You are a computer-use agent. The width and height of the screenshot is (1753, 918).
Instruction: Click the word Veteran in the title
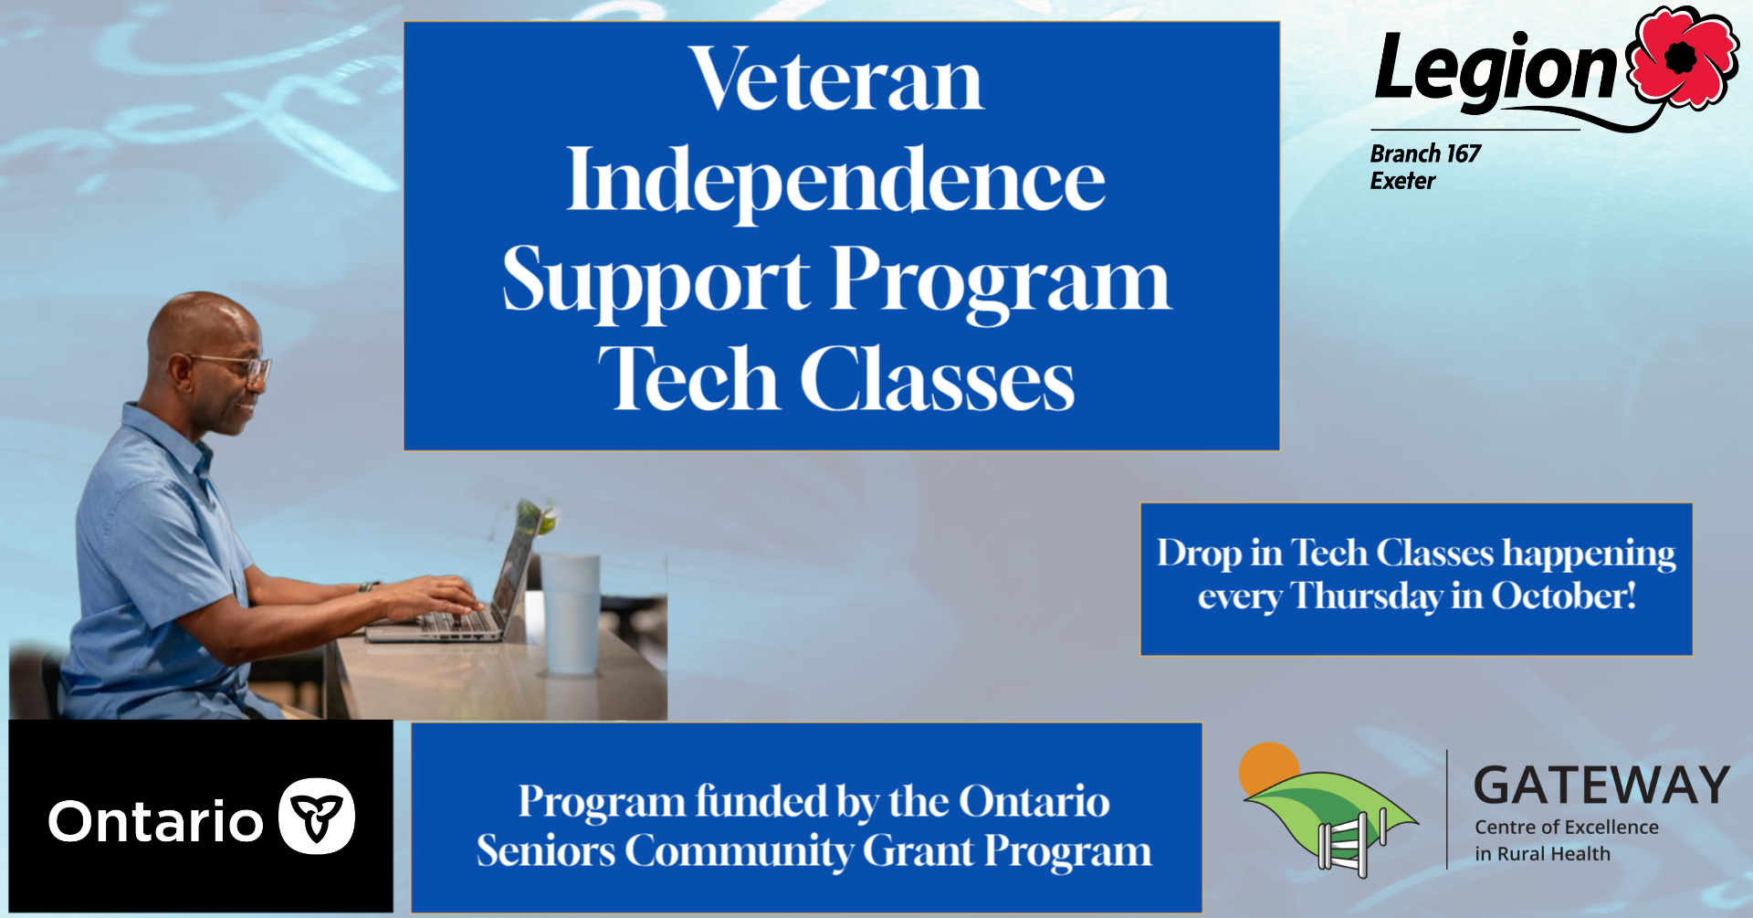click(836, 79)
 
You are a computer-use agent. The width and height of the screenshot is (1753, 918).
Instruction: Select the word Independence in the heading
click(836, 180)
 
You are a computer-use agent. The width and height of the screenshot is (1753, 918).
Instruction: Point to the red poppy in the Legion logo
click(1685, 57)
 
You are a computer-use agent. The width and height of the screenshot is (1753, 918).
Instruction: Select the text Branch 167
click(1425, 153)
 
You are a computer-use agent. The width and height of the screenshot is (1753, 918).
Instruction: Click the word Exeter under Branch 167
click(1402, 181)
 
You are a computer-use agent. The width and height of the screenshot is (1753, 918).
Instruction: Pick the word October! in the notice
click(1564, 596)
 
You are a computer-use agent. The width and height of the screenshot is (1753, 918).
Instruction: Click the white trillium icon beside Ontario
click(317, 816)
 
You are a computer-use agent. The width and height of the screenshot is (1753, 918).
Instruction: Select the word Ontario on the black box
click(156, 821)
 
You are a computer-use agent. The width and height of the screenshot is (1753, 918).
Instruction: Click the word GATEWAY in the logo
click(1602, 786)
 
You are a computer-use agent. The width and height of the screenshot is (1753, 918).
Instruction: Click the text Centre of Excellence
click(1567, 827)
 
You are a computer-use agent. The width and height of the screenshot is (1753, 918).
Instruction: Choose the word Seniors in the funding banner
click(546, 850)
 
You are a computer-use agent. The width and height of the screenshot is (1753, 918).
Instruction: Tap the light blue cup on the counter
click(572, 613)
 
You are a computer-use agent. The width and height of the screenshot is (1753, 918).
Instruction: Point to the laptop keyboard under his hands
click(457, 622)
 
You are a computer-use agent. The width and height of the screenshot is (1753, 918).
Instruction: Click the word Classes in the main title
click(938, 380)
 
